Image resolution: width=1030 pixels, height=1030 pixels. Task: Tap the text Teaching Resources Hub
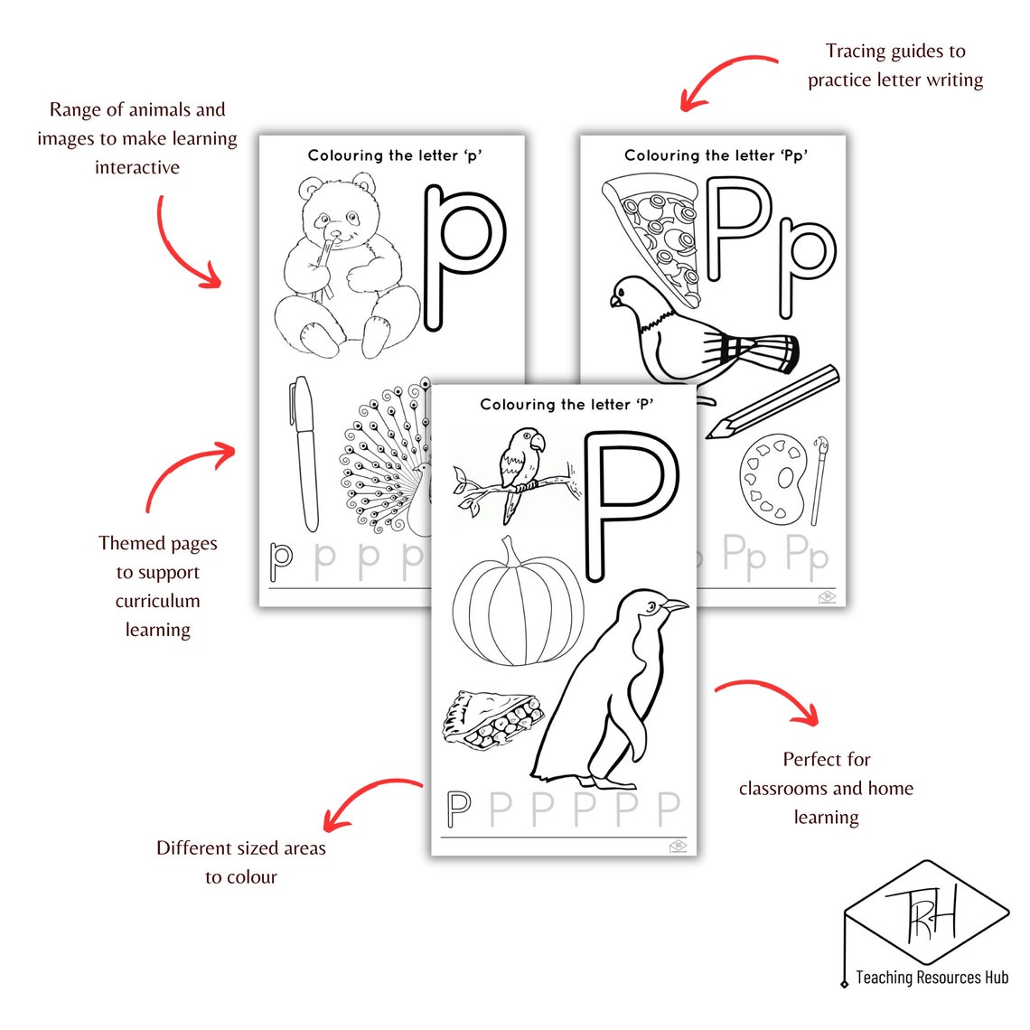click(932, 978)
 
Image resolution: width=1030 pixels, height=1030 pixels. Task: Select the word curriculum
click(157, 602)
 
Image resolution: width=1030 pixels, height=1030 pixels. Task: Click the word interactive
click(137, 167)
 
